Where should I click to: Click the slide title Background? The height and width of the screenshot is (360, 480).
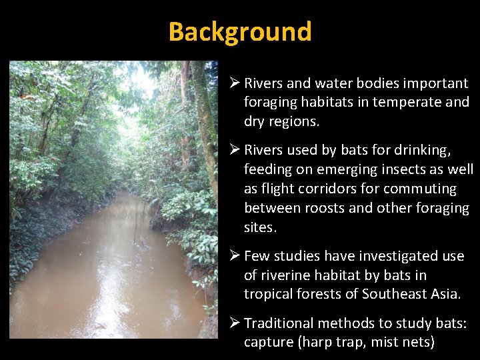click(x=240, y=31)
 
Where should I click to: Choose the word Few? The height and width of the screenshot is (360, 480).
click(x=257, y=256)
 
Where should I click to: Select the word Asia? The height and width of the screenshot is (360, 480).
click(x=444, y=294)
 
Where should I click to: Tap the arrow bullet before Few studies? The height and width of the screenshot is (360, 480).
click(x=234, y=256)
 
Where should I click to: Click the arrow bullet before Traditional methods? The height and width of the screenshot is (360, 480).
click(x=234, y=323)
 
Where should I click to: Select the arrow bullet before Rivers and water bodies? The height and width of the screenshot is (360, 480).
click(x=234, y=83)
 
